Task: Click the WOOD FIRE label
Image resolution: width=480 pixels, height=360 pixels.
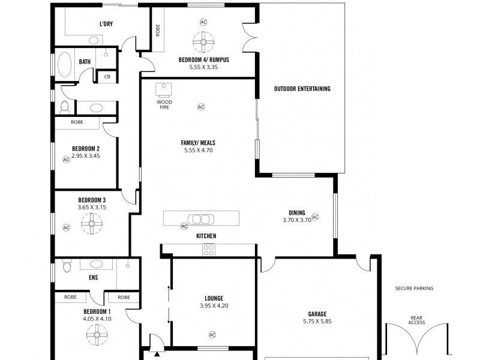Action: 164,104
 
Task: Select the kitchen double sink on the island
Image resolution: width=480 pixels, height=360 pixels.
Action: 199,218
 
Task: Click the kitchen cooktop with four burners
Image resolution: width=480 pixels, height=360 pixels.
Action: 209,250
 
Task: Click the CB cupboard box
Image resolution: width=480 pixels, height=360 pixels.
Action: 107,77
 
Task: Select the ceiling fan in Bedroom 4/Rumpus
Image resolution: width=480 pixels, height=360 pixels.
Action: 203,41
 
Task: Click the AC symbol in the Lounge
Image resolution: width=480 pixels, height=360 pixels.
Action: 212,334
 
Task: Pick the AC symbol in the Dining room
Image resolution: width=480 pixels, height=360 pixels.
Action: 315,217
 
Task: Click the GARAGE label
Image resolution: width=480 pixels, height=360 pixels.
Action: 318,313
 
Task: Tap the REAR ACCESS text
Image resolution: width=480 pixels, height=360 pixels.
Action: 417,320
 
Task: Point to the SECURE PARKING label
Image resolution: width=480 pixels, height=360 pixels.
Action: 414,289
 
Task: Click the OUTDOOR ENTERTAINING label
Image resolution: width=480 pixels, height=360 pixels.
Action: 302,89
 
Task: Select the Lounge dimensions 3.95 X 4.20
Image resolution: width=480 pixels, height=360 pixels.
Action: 214,306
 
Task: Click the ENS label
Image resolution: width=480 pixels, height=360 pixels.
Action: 93,278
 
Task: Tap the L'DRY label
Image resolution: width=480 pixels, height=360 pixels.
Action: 107,25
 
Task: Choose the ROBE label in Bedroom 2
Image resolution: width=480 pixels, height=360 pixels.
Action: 77,122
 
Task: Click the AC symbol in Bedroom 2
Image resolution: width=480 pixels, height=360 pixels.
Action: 66,160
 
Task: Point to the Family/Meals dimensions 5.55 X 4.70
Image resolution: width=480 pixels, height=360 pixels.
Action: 198,150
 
